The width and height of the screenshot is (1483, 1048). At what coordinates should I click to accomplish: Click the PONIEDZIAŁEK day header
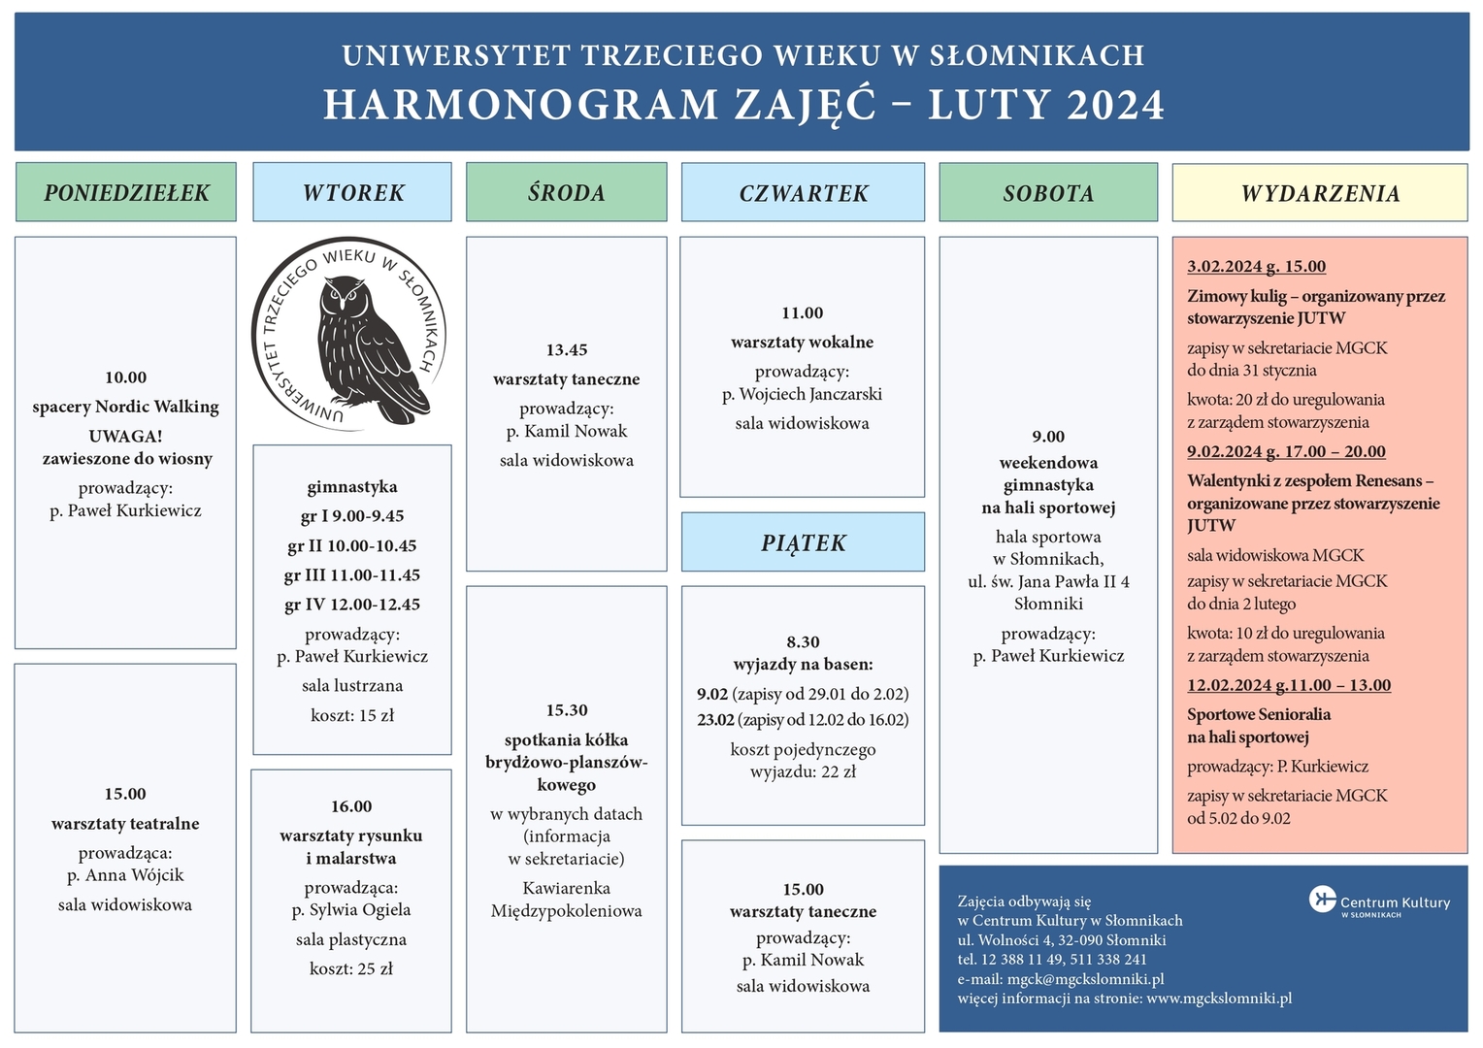[x=126, y=192]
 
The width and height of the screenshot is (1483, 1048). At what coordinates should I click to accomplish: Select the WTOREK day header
[x=352, y=192]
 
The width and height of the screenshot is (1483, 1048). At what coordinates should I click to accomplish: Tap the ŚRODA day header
[x=567, y=192]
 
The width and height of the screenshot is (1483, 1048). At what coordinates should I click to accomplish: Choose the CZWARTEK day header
[x=803, y=192]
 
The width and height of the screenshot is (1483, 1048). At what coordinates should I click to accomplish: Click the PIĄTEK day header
[x=803, y=542]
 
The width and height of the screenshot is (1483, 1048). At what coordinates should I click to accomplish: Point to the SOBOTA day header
[x=1049, y=192]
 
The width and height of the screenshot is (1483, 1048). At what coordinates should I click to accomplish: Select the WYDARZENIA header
[x=1320, y=193]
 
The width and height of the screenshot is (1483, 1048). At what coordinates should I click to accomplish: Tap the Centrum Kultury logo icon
[x=1323, y=899]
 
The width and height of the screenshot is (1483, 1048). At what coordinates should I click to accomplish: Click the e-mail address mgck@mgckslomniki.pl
[x=1086, y=978]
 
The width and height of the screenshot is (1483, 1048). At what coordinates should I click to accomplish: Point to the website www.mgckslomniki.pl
[x=1219, y=998]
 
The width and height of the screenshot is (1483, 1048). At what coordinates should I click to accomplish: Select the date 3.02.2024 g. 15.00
[x=1257, y=266]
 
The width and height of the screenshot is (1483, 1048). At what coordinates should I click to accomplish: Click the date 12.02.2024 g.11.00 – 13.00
[x=1289, y=685]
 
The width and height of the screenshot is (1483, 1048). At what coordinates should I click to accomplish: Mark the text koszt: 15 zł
[x=352, y=715]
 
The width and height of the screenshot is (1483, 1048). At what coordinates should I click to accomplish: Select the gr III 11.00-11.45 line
[x=352, y=574]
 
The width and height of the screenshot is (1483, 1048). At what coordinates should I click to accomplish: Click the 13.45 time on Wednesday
[x=567, y=349]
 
